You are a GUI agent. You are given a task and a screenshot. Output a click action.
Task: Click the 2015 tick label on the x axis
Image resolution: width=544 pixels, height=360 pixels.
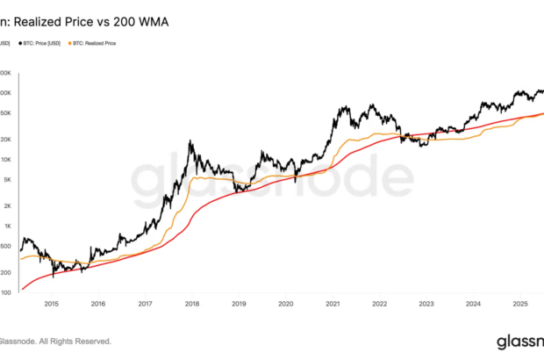(51, 304)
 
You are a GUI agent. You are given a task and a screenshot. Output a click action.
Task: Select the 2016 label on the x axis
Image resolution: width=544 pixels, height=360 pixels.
(98, 304)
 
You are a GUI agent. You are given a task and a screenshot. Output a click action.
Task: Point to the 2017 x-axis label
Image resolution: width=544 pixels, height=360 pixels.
(145, 304)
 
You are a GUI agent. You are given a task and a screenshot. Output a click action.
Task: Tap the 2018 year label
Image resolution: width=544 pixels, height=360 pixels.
(191, 304)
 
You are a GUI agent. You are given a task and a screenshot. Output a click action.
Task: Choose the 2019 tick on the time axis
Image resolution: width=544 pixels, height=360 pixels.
(239, 304)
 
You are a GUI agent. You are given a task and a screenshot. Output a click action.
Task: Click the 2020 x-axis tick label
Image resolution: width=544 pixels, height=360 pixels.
(285, 304)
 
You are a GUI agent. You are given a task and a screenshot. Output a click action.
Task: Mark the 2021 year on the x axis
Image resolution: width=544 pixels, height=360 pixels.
(333, 304)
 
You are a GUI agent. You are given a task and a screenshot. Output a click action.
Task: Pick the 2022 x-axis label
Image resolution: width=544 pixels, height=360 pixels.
(379, 304)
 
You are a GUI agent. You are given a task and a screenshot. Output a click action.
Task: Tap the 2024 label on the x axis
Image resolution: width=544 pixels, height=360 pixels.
(473, 304)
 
